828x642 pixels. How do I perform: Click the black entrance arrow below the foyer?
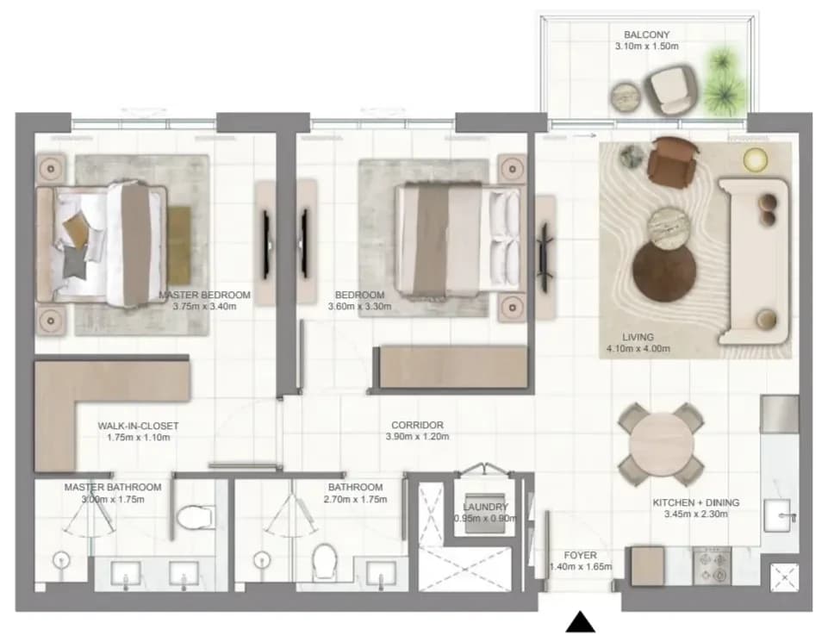point(581,622)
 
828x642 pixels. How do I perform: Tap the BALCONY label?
point(646,34)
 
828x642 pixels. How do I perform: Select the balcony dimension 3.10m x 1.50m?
point(646,47)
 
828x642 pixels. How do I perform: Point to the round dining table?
point(662,444)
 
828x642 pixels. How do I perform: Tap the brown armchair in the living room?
point(672,162)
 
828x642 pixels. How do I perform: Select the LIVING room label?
point(638,337)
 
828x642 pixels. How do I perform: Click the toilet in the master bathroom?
point(196,517)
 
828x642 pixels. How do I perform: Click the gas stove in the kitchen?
point(712,566)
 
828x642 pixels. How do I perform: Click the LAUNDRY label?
point(485,507)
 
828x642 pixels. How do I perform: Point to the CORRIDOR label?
point(417,425)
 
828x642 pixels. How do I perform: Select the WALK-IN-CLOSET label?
point(138,426)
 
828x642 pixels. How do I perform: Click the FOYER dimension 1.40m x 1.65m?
point(581,567)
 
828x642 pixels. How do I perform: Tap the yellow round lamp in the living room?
point(755,160)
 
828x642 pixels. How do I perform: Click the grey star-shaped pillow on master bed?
point(74,262)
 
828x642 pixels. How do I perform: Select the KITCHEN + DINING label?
point(695,502)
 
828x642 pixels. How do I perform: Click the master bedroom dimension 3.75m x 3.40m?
point(204,306)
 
